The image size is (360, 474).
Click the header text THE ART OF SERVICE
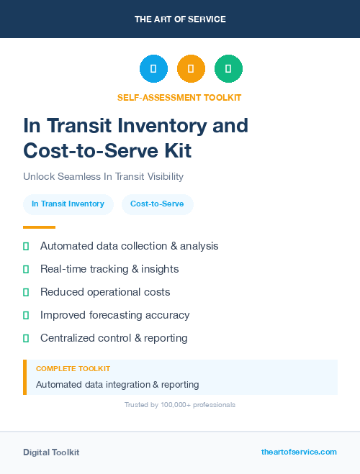[180, 19]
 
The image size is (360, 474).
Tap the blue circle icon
[153, 69]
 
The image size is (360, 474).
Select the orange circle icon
[191, 69]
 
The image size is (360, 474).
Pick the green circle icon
[228, 69]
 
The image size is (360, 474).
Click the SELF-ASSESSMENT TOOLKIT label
[179, 97]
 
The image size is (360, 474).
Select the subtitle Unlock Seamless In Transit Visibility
[103, 176]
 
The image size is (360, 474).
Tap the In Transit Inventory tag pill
[68, 204]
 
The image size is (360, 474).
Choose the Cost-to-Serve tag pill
[157, 204]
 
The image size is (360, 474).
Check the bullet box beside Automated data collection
[26, 246]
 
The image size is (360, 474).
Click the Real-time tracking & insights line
[109, 269]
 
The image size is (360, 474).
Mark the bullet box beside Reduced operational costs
[26, 292]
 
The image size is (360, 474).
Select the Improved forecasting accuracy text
[114, 315]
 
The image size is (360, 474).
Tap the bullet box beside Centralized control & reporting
[26, 338]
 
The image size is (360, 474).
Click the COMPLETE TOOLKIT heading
[73, 368]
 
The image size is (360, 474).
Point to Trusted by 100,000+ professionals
[180, 405]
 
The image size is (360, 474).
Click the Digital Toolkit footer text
[51, 452]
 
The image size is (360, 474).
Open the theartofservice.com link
[299, 452]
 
